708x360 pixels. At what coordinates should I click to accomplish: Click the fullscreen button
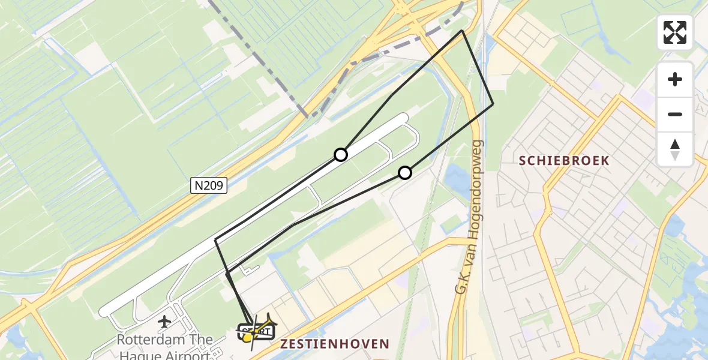tap(675, 32)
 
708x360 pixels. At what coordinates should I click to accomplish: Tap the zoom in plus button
tap(675, 79)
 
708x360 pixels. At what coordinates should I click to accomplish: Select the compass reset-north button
tap(675, 149)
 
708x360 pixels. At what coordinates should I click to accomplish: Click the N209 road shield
tap(209, 186)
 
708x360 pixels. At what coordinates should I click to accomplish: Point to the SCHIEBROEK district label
tap(564, 161)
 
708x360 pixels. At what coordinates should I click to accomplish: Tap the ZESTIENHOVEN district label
tap(334, 344)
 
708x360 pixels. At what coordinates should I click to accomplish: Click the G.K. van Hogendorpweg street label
tap(470, 217)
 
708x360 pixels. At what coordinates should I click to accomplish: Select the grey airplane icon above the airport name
tap(164, 322)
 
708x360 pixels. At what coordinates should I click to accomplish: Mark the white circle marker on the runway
tap(341, 155)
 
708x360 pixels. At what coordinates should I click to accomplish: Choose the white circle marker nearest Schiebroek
tap(405, 173)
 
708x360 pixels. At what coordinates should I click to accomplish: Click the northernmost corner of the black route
tap(462, 31)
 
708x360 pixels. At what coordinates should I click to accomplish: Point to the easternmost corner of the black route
tap(493, 104)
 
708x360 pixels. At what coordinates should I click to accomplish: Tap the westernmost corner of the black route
tap(215, 240)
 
